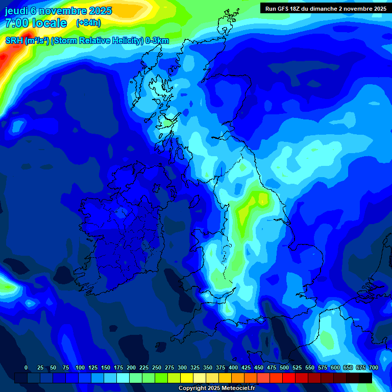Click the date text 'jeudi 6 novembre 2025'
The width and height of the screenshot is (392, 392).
[58, 11]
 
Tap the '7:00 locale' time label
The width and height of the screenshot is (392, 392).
[36, 23]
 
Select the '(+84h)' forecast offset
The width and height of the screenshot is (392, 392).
[88, 23]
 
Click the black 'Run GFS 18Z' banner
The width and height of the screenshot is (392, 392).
[326, 8]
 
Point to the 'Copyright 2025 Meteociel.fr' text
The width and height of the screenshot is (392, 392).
[216, 388]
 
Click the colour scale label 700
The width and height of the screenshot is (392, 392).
[374, 367]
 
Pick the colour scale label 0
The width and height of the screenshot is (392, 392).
[26, 367]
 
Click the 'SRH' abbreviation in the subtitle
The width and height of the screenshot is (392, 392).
[14, 41]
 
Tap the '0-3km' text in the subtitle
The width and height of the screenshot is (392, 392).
[157, 41]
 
